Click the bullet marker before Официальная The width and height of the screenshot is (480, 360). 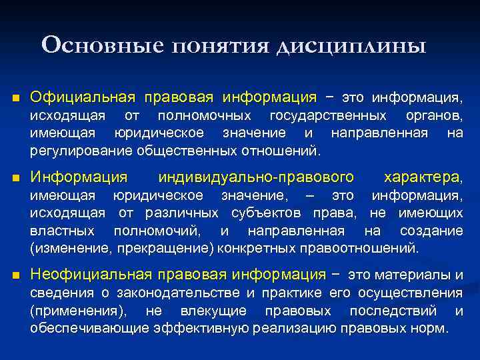pyautogui.click(x=16, y=99)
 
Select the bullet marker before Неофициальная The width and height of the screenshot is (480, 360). pyautogui.click(x=16, y=275)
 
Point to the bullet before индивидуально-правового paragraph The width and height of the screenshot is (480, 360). pyautogui.click(x=16, y=178)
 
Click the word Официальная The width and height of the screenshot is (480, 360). pyautogui.click(x=83, y=99)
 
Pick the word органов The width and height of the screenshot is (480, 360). pyautogui.click(x=437, y=116)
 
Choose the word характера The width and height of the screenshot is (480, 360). pyautogui.click(x=423, y=177)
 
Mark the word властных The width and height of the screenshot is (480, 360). pyautogui.click(x=61, y=231)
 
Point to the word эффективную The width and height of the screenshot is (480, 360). pyautogui.click(x=198, y=328)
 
